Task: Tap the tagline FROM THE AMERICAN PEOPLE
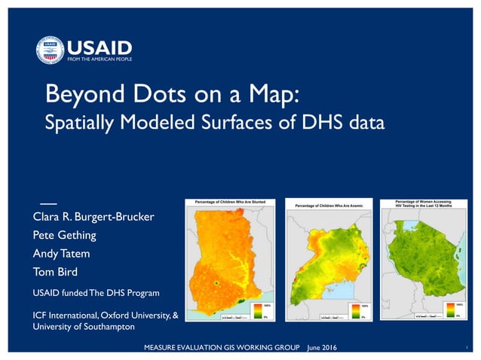[100, 59]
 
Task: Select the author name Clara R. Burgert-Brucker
[93, 217]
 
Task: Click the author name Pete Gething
[64, 235]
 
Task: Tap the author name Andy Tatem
[61, 253]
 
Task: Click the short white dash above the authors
[47, 204]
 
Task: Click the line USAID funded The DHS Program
[96, 291]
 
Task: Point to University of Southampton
[84, 327]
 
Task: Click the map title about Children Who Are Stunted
[235, 203]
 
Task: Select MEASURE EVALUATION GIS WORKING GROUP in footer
[224, 346]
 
